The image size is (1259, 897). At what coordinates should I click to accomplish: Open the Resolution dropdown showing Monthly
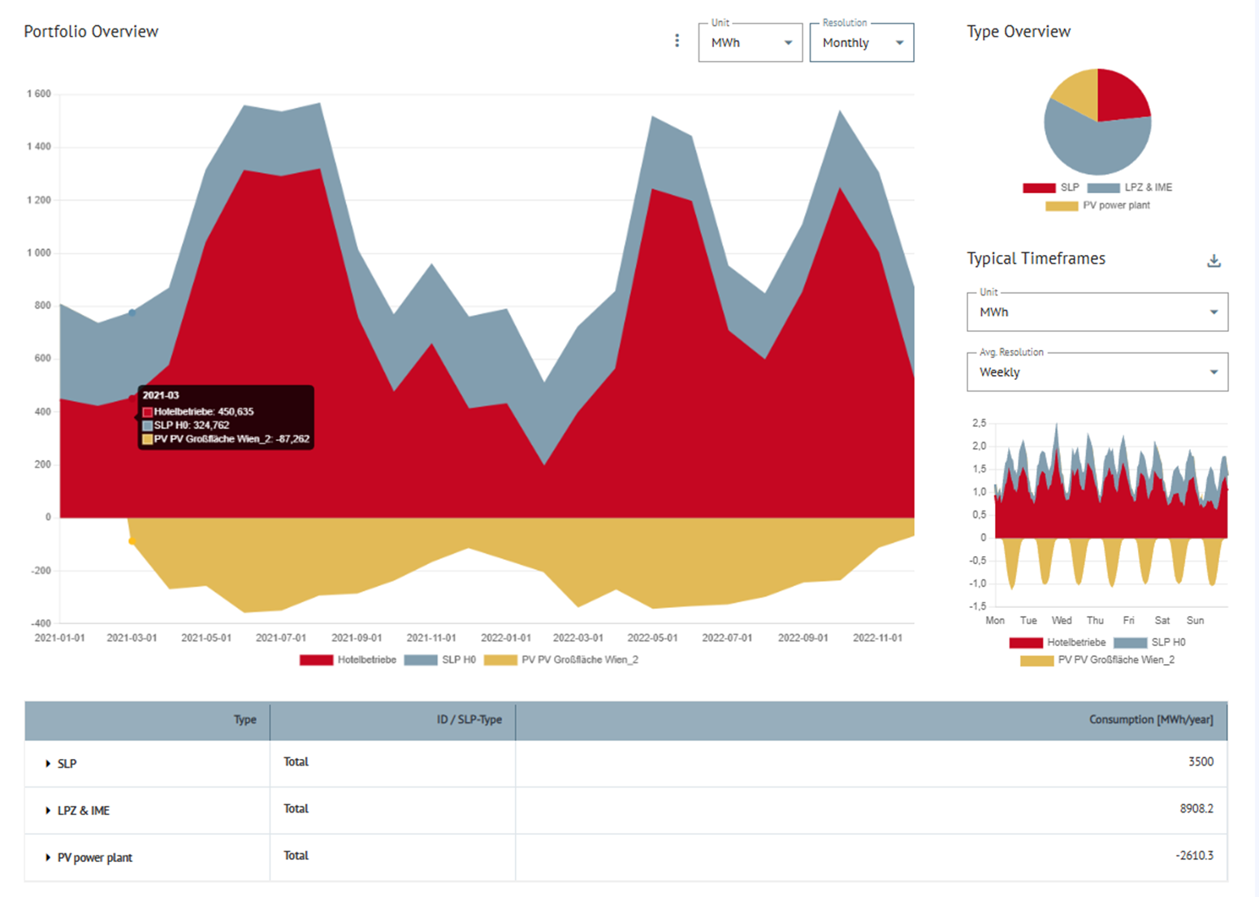pyautogui.click(x=861, y=43)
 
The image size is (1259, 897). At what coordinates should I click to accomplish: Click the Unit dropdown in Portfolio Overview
pyautogui.click(x=749, y=43)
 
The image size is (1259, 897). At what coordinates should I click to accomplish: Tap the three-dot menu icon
pyautogui.click(x=677, y=41)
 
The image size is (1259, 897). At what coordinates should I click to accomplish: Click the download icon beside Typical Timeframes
pyautogui.click(x=1214, y=261)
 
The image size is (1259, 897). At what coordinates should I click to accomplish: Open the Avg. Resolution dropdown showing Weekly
pyautogui.click(x=1097, y=373)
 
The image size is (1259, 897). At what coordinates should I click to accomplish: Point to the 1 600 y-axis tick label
pyautogui.click(x=39, y=94)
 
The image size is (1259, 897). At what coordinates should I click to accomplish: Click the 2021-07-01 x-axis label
pyautogui.click(x=281, y=638)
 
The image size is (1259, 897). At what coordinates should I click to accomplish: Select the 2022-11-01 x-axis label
pyautogui.click(x=877, y=638)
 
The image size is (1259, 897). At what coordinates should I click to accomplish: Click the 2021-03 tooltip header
pyautogui.click(x=161, y=395)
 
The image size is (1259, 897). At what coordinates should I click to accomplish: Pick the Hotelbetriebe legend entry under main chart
pyautogui.click(x=348, y=660)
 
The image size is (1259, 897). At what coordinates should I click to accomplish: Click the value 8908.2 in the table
pyautogui.click(x=1196, y=809)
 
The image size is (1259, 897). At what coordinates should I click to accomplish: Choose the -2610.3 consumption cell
pyautogui.click(x=1194, y=856)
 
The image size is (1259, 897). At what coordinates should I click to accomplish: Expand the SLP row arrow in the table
pyautogui.click(x=48, y=764)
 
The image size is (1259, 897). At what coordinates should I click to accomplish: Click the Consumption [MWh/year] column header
pyautogui.click(x=1150, y=720)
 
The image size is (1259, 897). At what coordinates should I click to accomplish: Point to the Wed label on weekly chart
pyautogui.click(x=1062, y=620)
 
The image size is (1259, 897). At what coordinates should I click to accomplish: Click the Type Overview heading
pyautogui.click(x=1019, y=32)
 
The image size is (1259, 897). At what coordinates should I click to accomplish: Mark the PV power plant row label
pyautogui.click(x=94, y=858)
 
